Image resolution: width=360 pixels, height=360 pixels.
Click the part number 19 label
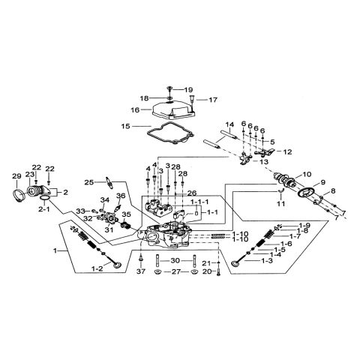point(189,90)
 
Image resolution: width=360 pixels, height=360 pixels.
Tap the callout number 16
point(136,109)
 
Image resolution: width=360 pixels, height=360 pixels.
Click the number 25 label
point(89,181)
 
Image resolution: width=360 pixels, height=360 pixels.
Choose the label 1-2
point(97,268)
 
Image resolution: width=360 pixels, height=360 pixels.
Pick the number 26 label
point(191,193)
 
